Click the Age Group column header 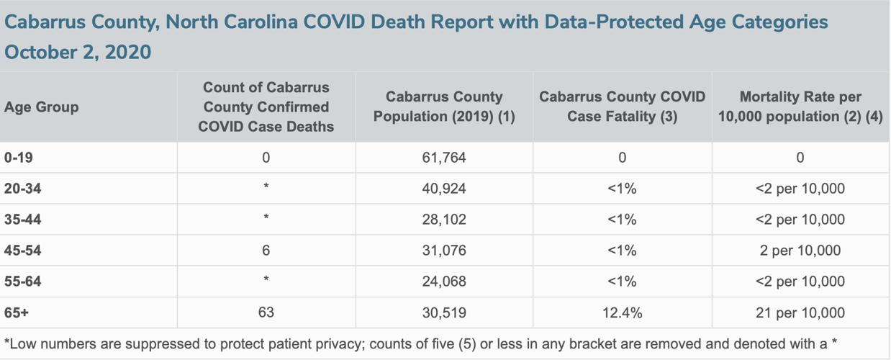pyautogui.click(x=41, y=107)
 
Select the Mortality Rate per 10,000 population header pyautogui.click(x=800, y=107)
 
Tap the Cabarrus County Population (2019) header pyautogui.click(x=444, y=107)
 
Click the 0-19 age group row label pyautogui.click(x=18, y=158)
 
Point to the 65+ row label pyautogui.click(x=17, y=313)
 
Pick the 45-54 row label pyautogui.click(x=23, y=251)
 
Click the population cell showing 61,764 pyautogui.click(x=444, y=158)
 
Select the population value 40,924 pyautogui.click(x=444, y=189)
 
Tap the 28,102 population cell pyautogui.click(x=444, y=220)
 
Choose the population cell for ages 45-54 pyautogui.click(x=444, y=251)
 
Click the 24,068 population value pyautogui.click(x=444, y=282)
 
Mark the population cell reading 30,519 pyautogui.click(x=444, y=313)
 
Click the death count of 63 pyautogui.click(x=266, y=312)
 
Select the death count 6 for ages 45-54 pyautogui.click(x=266, y=251)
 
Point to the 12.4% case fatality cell pyautogui.click(x=622, y=313)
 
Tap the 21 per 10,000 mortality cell pyautogui.click(x=800, y=313)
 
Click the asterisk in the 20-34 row pyautogui.click(x=266, y=189)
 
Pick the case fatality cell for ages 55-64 pyautogui.click(x=622, y=282)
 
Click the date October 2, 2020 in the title pyautogui.click(x=78, y=53)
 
